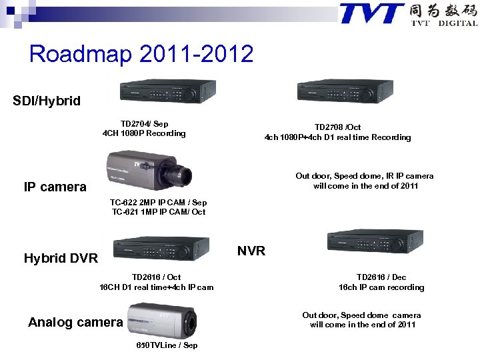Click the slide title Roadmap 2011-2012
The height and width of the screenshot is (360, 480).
tap(141, 53)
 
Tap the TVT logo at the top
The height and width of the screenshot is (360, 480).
tap(407, 15)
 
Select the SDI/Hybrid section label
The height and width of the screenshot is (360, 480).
tap(47, 101)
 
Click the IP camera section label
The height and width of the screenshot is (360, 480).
tap(55, 187)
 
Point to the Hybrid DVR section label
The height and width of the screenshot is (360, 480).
tap(61, 258)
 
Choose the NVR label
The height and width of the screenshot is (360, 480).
tap(251, 251)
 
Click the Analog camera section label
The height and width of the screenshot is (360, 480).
tap(75, 323)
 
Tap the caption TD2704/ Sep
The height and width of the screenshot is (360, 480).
tap(144, 124)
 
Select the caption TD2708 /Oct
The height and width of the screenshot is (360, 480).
tap(337, 127)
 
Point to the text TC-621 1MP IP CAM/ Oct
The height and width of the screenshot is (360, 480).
tap(159, 212)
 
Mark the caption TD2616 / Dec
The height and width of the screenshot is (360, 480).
tap(381, 277)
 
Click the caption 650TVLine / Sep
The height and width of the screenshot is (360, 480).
tap(167, 345)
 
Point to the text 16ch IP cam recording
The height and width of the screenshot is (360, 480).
tap(381, 287)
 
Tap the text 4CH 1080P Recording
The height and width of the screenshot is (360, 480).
tap(144, 133)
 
